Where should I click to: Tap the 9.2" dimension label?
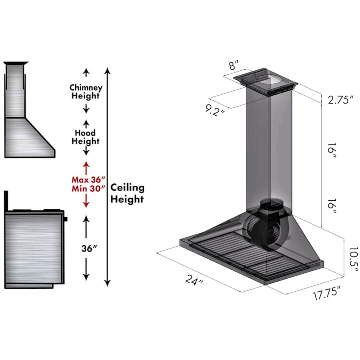pos(215,110)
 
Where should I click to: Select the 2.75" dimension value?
pos(340,100)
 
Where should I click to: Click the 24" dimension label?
pos(194,280)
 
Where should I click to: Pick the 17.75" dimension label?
pos(326,293)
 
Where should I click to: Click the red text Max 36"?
pos(88,180)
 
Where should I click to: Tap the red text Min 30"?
pos(88,189)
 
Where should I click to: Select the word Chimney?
pos(86,88)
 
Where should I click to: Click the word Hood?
pos(85,133)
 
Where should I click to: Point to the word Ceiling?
pos(128,188)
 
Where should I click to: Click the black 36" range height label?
pos(89,248)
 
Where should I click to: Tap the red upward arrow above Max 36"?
pos(86,168)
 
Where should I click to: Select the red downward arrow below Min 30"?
pos(86,201)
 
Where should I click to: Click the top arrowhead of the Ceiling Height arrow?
pos(108,70)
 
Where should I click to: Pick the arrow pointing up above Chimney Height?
pos(86,72)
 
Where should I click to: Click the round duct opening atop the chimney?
pos(268,80)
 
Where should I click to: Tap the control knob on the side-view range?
pos(66,219)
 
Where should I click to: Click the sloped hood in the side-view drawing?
pos(30,138)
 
